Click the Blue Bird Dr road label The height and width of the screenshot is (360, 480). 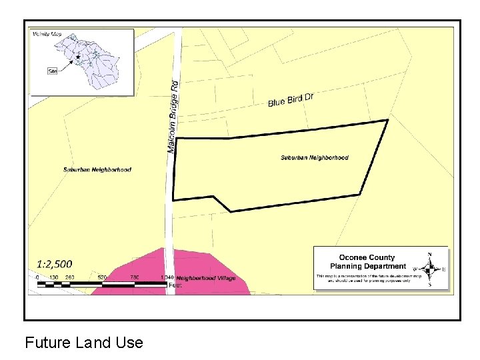tap(291, 100)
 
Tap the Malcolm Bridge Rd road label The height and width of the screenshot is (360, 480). tap(173, 117)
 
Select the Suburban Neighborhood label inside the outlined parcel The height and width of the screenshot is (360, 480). tap(314, 158)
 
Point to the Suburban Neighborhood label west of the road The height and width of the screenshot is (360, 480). tap(97, 169)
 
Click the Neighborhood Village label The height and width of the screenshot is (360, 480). tap(206, 278)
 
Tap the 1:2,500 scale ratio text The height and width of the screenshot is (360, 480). tap(55, 264)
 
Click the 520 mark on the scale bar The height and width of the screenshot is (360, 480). tap(102, 277)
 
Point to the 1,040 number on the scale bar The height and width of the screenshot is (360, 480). tap(167, 277)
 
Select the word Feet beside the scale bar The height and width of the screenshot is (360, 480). tap(175, 285)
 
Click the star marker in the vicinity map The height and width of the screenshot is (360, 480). tap(78, 57)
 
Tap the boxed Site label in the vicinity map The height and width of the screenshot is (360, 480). tap(53, 70)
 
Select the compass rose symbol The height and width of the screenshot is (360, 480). tap(429, 269)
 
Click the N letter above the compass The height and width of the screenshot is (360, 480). tap(429, 254)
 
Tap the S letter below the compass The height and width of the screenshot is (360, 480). tap(429, 285)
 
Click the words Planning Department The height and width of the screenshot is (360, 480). tap(367, 266)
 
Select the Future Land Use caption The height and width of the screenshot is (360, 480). tap(84, 343)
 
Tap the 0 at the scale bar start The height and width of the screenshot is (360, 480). tap(37, 277)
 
